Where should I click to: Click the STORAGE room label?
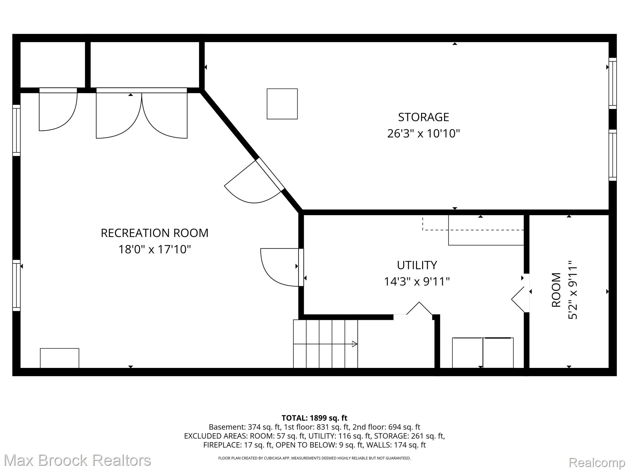click(423, 117)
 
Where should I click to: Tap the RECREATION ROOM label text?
click(154, 233)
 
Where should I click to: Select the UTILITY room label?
click(417, 265)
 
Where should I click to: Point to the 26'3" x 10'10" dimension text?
click(423, 134)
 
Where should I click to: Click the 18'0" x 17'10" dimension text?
click(154, 249)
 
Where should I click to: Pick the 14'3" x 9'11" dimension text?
click(417, 281)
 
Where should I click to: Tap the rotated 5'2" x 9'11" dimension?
click(573, 290)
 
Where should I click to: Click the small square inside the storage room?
click(282, 104)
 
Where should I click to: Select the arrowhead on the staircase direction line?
click(354, 344)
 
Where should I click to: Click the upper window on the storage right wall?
click(613, 83)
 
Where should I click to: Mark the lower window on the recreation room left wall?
click(16, 285)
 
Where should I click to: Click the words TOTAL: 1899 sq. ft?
click(314, 418)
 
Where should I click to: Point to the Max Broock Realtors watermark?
click(77, 461)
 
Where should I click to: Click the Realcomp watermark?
click(597, 463)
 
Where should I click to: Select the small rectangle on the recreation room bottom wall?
click(60, 358)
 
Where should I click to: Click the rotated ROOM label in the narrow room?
click(557, 290)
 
